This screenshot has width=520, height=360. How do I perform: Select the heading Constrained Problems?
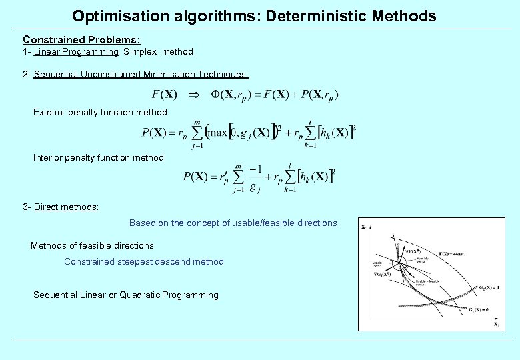coord(81,40)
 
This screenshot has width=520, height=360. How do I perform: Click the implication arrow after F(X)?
coord(193,95)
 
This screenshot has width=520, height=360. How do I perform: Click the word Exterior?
coord(50,112)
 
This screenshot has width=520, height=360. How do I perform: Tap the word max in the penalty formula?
coord(217,133)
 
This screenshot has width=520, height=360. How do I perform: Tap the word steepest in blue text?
coord(133,261)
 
